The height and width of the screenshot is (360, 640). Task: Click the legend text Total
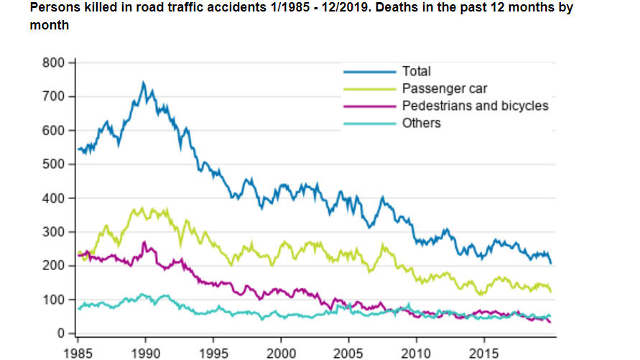click(417, 71)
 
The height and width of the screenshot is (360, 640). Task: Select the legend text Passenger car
click(445, 88)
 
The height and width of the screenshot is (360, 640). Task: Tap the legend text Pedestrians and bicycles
click(475, 106)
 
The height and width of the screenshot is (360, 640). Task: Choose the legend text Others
click(422, 123)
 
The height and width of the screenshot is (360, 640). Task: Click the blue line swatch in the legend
click(369, 71)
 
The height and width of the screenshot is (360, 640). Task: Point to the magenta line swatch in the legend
click(369, 106)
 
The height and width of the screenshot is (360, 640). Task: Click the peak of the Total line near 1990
click(143, 83)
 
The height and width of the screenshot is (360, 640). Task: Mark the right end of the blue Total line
click(551, 263)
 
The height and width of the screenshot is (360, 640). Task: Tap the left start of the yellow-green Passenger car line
click(78, 252)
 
